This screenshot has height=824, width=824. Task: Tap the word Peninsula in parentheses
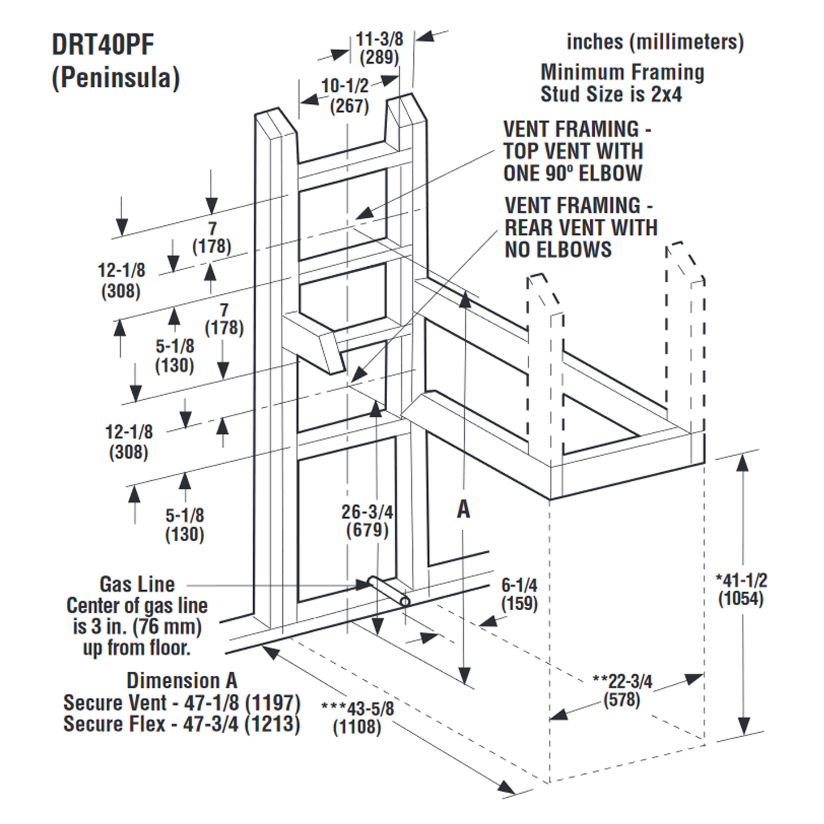(x=116, y=78)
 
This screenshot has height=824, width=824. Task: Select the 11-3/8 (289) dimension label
(x=379, y=48)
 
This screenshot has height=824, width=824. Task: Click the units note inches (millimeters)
(x=655, y=42)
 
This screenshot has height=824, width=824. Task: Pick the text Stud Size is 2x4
(x=611, y=94)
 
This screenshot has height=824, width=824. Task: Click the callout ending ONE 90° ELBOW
(x=573, y=173)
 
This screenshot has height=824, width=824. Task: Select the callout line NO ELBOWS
(x=558, y=249)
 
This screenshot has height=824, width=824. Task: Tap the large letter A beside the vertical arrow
(x=464, y=509)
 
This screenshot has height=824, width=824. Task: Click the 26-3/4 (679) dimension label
(x=367, y=521)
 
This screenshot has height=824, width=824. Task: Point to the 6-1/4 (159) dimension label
(x=519, y=594)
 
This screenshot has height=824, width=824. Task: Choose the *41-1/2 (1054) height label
(x=741, y=589)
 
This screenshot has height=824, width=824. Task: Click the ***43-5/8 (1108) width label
(x=357, y=717)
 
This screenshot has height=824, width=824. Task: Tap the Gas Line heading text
(x=137, y=584)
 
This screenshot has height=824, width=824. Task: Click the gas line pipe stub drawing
(x=388, y=591)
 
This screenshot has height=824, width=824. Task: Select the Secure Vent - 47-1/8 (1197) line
(x=181, y=703)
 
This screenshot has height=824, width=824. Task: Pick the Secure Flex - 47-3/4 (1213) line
(x=181, y=724)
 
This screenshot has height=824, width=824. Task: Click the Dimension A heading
(x=181, y=681)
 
